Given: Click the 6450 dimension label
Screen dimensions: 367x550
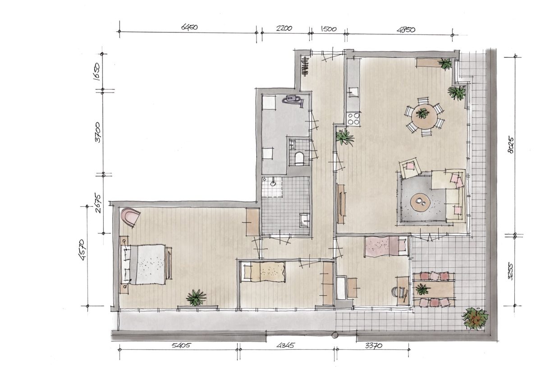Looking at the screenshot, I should (x=189, y=28).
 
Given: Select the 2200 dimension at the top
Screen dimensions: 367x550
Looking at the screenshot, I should (x=284, y=28).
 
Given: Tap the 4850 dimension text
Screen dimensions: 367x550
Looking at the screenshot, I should (x=406, y=30).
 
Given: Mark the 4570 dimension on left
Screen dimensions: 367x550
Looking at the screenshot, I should (x=82, y=256).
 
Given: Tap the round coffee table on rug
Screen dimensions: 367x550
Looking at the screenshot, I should (x=422, y=202).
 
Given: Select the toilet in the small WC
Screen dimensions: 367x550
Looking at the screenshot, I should (x=298, y=158).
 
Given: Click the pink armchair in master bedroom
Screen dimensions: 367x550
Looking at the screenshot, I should (x=131, y=217).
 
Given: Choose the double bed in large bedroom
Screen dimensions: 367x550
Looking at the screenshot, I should (x=147, y=265).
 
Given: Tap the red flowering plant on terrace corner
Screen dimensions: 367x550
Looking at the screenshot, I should (x=475, y=318).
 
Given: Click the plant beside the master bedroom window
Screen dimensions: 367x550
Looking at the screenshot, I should (x=196, y=297).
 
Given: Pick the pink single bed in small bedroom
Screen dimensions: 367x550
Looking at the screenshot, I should (x=380, y=246).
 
